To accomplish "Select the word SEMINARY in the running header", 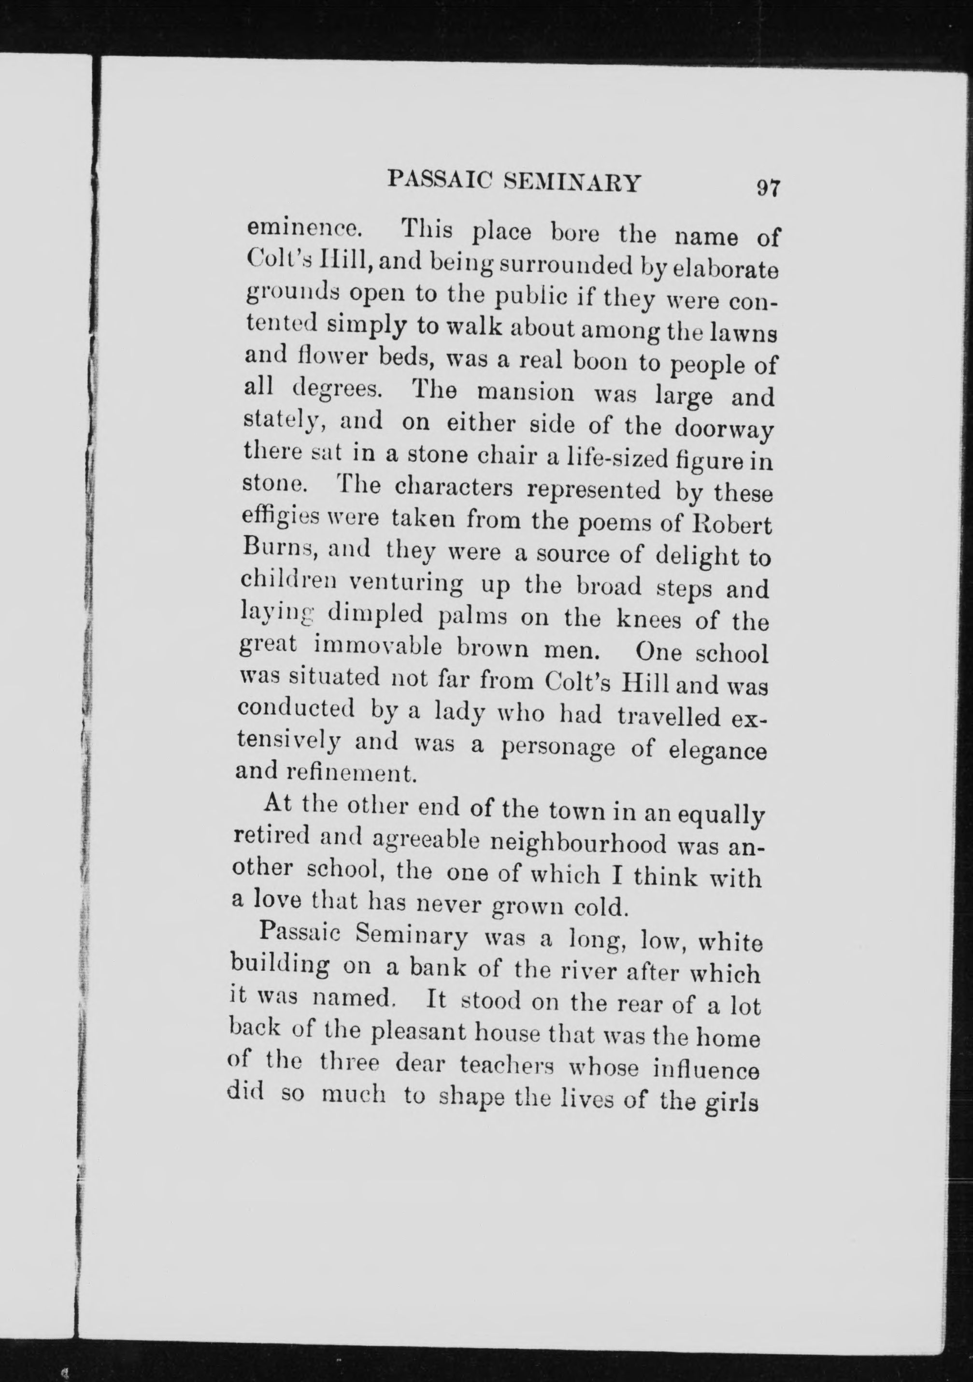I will [572, 183].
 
